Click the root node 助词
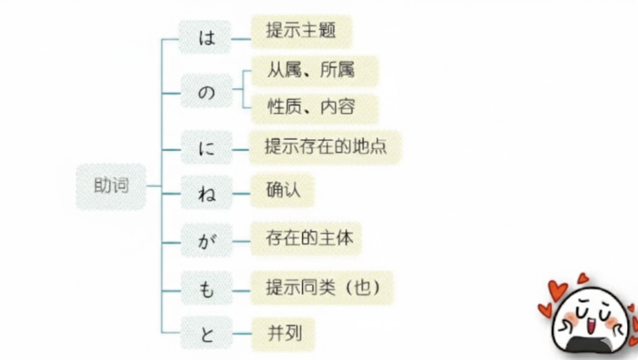111,186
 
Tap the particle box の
206,93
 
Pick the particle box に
206,148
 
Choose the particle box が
206,241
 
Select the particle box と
206,335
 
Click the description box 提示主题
301,31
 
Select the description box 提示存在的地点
325,147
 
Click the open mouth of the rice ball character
591,326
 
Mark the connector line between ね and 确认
241,194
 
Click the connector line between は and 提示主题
241,39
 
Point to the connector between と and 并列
241,335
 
